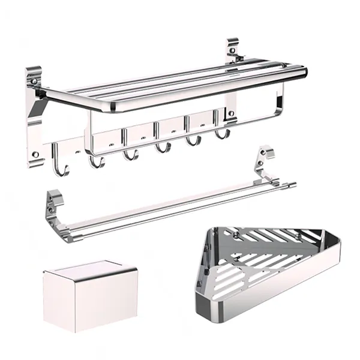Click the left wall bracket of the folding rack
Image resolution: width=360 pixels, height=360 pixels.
pos(35,114)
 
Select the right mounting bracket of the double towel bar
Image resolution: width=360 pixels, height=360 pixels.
pos(262,163)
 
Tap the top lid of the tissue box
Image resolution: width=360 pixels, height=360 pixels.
pos(89,270)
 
